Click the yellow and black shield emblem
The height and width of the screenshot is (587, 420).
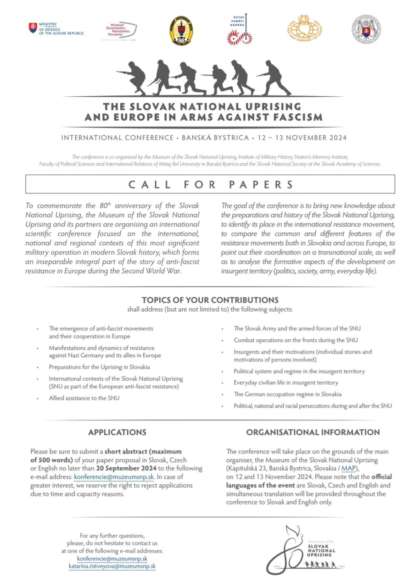pos(181,30)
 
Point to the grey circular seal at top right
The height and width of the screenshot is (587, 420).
pos(366,29)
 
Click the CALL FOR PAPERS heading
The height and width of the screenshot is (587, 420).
pos(210,184)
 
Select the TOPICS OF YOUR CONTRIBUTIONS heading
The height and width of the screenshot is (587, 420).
pos(210,300)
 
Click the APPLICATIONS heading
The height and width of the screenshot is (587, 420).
pos(117,432)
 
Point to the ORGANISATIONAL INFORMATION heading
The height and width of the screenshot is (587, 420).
pos(313,432)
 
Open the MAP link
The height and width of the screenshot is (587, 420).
pos(348,468)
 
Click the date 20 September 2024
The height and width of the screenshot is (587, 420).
pos(126,468)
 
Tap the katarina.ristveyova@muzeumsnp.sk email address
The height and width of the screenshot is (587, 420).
pos(112,566)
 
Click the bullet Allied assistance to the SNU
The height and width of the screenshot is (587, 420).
pos(84,398)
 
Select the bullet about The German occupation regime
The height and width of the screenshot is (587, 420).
pos(287,394)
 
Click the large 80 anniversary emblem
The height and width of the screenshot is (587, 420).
pos(306,549)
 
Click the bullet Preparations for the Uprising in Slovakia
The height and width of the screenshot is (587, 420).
pos(99,367)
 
